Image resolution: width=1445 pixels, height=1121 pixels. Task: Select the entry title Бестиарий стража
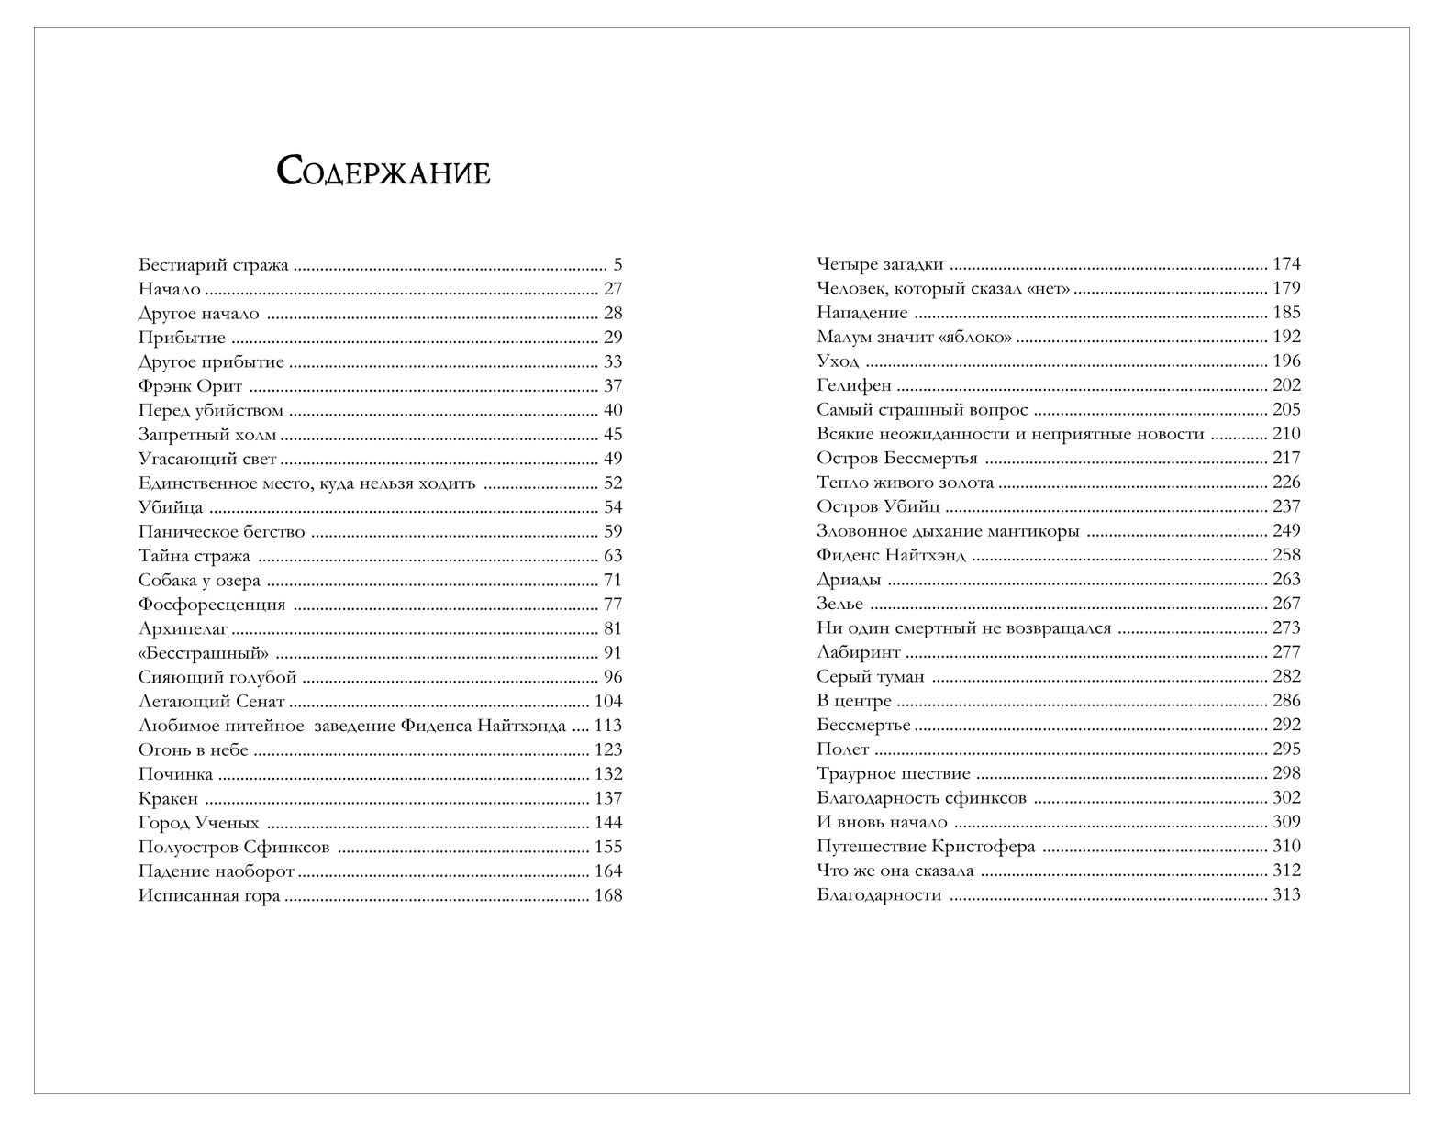tap(214, 266)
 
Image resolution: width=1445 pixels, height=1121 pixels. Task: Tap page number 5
tap(617, 266)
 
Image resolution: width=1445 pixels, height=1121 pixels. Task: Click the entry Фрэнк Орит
tap(190, 387)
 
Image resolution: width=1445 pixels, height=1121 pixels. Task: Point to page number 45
tap(612, 436)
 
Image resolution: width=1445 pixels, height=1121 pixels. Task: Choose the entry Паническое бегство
tap(221, 532)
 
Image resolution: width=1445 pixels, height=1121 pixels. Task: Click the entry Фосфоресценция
tap(212, 605)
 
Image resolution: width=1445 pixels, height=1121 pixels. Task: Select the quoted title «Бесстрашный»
tap(204, 653)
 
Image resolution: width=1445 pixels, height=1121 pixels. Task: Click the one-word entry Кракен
tap(168, 799)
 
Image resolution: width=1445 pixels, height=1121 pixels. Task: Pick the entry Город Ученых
tap(199, 823)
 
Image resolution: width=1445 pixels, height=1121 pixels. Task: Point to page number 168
tap(608, 896)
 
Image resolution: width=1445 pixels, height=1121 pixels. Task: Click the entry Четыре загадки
tap(880, 264)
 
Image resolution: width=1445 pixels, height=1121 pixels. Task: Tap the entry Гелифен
tap(853, 386)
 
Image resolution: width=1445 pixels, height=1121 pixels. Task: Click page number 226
tap(1286, 483)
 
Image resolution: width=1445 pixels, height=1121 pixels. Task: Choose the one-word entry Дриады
tap(849, 580)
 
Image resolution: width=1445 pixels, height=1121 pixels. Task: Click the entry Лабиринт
tap(859, 653)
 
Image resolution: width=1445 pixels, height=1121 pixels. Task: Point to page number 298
tap(1286, 774)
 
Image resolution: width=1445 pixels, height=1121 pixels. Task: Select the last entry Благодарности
tap(879, 895)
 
